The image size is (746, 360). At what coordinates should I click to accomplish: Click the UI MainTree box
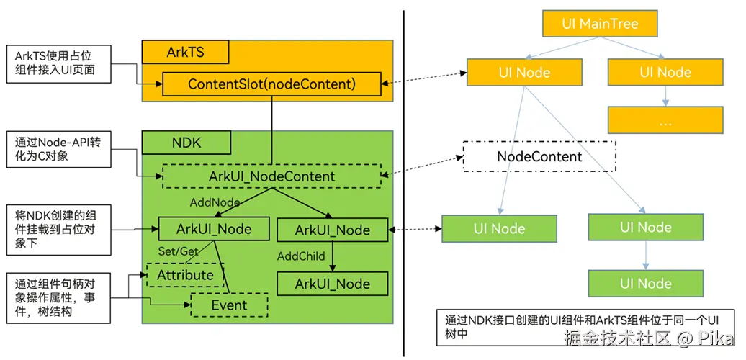[x=600, y=24]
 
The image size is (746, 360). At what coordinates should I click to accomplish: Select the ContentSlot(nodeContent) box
[x=271, y=84]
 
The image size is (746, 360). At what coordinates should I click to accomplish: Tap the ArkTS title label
[x=185, y=52]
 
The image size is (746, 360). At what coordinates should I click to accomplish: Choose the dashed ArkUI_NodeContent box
[x=271, y=176]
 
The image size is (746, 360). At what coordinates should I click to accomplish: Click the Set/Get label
[x=178, y=251]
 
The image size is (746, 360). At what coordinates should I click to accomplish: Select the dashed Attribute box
[x=185, y=275]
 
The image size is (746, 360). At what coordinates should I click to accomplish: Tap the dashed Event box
[x=229, y=305]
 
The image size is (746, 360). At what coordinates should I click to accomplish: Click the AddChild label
[x=301, y=256]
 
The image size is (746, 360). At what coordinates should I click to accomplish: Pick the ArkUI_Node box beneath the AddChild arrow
[x=332, y=284]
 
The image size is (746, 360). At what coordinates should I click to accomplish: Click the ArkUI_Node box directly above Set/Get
[x=214, y=229]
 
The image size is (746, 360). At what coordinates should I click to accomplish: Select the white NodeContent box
[x=539, y=156]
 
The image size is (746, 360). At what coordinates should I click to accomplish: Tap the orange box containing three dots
[x=665, y=121]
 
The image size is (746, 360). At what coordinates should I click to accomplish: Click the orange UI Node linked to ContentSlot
[x=523, y=72]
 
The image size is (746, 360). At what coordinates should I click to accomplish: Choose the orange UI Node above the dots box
[x=665, y=72]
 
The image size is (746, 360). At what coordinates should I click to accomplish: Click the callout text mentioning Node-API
[x=57, y=149]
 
